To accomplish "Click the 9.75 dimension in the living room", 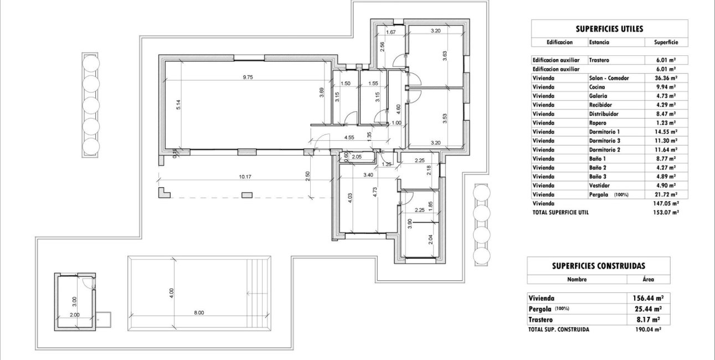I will [x=248, y=78].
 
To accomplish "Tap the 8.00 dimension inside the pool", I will [x=199, y=313].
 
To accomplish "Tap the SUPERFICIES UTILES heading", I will [x=609, y=29].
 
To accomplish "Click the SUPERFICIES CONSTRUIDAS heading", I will [x=598, y=266].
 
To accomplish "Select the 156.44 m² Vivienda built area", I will [x=647, y=297].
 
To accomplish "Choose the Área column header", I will [x=647, y=280].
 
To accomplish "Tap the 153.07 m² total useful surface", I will [x=665, y=212].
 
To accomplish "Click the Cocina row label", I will [x=597, y=87].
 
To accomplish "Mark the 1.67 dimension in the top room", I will [x=390, y=32].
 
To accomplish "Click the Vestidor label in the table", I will [x=599, y=186].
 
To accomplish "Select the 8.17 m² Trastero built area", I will [x=647, y=320].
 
